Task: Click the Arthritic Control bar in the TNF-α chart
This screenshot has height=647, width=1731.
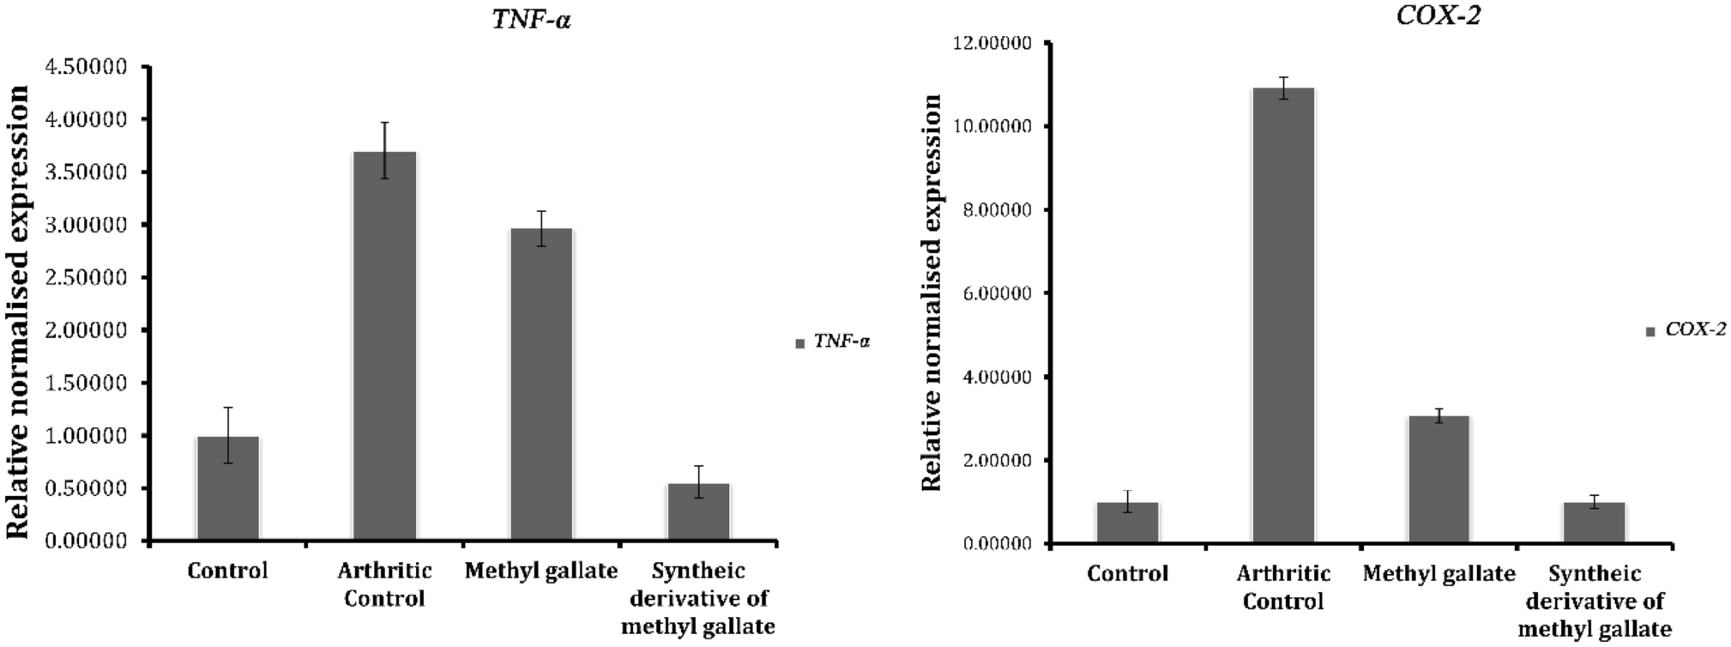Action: pyautogui.click(x=384, y=347)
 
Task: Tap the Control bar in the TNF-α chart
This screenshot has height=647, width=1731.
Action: pyautogui.click(x=227, y=488)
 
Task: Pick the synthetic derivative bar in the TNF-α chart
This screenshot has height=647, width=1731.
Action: pyautogui.click(x=698, y=512)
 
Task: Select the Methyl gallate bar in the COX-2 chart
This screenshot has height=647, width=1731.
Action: pyautogui.click(x=1439, y=480)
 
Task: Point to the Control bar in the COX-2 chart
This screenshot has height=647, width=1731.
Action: pyautogui.click(x=1127, y=523)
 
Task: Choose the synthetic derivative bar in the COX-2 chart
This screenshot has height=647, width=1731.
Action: pyautogui.click(x=1594, y=523)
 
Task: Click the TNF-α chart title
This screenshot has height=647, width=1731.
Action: pyautogui.click(x=532, y=20)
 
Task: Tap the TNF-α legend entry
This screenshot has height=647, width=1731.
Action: pyautogui.click(x=834, y=342)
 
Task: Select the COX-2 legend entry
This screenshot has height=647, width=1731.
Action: pyautogui.click(x=1686, y=330)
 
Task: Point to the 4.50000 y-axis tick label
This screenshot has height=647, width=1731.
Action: pyautogui.click(x=89, y=67)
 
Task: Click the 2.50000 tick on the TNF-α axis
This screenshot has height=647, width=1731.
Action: pyautogui.click(x=89, y=278)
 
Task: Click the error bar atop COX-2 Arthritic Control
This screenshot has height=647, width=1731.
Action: pyautogui.click(x=1283, y=88)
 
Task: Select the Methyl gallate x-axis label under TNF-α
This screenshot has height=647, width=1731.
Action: pyautogui.click(x=541, y=571)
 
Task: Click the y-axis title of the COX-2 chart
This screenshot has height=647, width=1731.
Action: pyautogui.click(x=932, y=292)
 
